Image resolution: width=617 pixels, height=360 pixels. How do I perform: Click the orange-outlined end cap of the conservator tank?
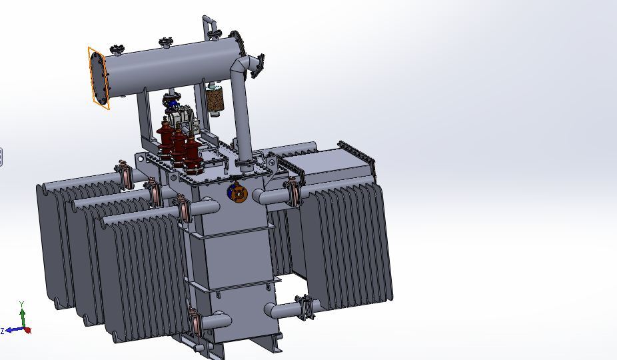(x=98, y=78)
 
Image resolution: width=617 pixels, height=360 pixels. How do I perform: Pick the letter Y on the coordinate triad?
(x=22, y=303)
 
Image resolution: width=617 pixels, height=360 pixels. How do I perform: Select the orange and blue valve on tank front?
(x=237, y=193)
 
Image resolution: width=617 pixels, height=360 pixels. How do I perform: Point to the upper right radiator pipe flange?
(x=292, y=193)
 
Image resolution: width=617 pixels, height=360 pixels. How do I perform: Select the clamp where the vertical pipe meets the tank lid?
(x=245, y=163)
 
